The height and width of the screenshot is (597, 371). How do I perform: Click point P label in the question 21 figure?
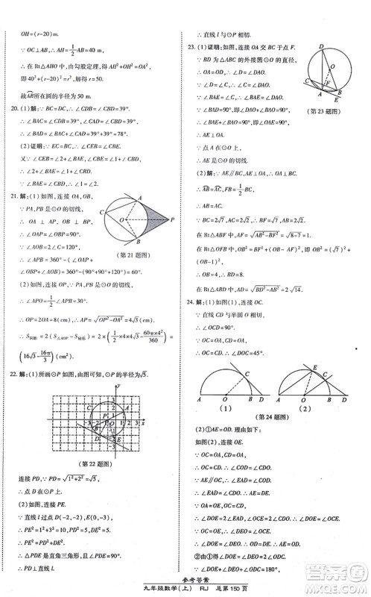[172, 219]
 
